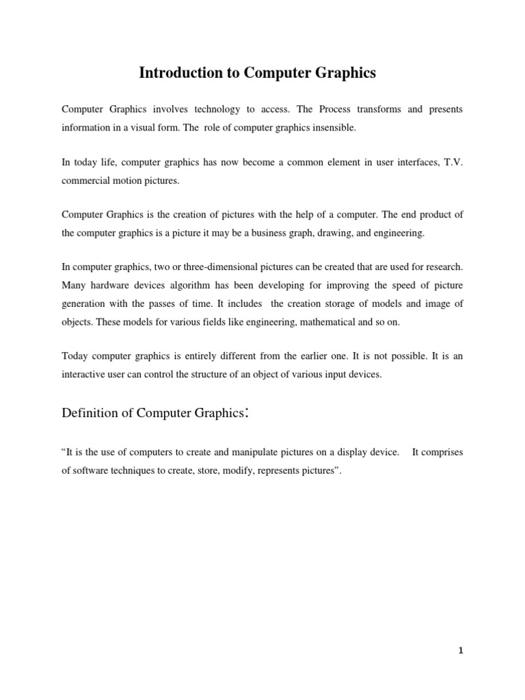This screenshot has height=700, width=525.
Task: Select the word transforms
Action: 369,109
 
